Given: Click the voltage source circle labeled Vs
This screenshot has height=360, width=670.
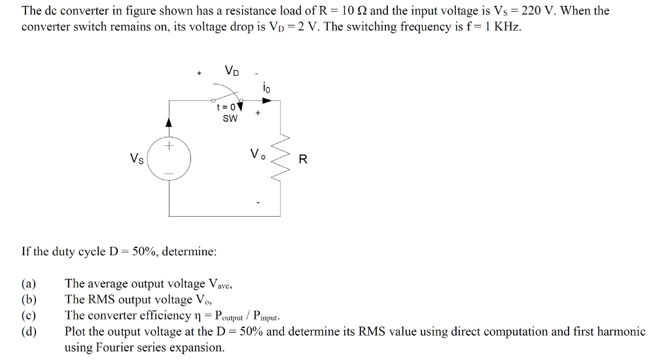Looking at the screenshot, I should (169, 158).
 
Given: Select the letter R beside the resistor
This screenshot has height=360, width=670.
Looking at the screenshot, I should (302, 159).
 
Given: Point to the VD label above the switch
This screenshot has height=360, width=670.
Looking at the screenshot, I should (231, 71).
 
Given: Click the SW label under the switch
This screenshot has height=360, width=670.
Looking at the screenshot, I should (230, 119).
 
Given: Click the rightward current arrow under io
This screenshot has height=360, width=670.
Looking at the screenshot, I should (266, 101).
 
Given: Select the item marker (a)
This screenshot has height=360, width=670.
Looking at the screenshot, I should (29, 284).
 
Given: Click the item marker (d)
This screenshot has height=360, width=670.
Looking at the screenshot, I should (29, 331).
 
